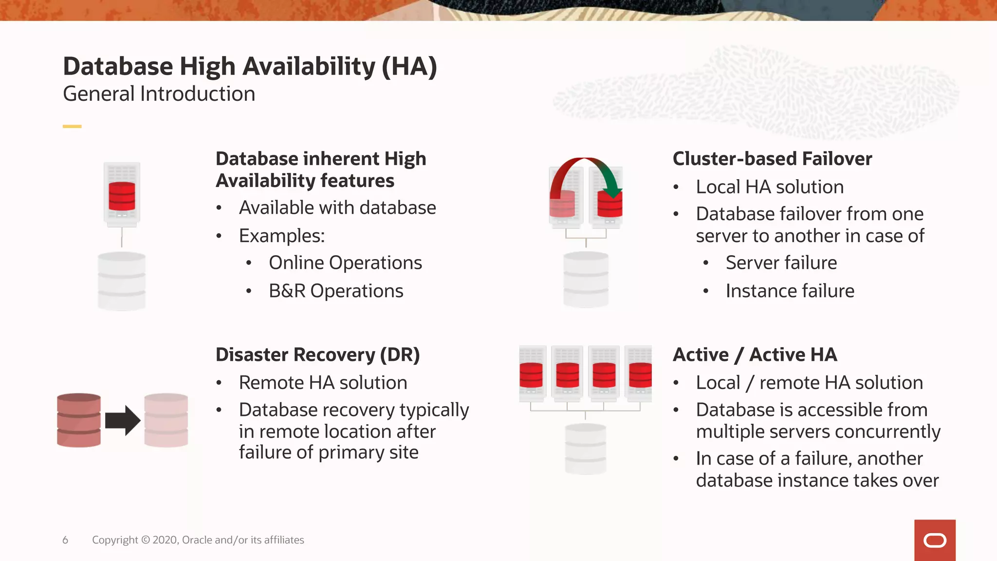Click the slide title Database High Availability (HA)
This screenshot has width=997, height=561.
(250, 67)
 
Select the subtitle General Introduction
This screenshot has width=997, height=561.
(159, 94)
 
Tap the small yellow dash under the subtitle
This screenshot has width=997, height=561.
(72, 127)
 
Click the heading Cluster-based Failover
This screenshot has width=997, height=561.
(772, 159)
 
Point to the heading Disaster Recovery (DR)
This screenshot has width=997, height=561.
(317, 355)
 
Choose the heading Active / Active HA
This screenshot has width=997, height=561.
(755, 355)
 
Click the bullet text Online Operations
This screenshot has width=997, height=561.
(345, 263)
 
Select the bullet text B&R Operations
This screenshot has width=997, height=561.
(336, 291)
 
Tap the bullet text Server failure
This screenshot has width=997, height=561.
(781, 263)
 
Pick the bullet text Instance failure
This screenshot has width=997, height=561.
(790, 291)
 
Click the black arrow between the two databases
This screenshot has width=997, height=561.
(123, 420)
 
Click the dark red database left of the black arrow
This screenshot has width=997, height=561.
(79, 420)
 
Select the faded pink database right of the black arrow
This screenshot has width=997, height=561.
(166, 420)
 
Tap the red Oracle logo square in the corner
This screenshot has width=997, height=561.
(934, 540)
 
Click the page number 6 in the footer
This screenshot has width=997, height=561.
(65, 540)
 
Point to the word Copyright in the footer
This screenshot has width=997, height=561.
(115, 540)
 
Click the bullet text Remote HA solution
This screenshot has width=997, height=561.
(323, 383)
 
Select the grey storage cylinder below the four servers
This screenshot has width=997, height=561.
(586, 449)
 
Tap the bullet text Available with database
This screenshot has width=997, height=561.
(337, 208)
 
